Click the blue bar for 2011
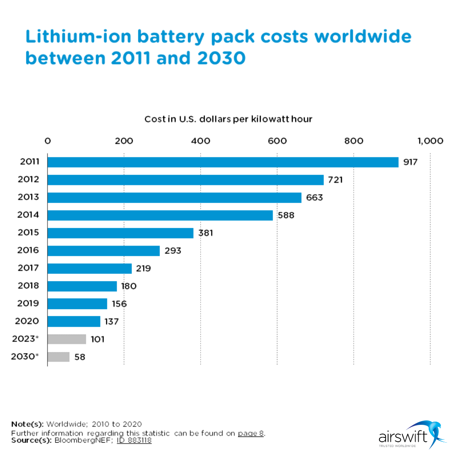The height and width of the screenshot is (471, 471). click(222, 162)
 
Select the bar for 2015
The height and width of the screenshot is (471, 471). click(120, 233)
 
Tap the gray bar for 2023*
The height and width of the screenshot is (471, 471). click(66, 339)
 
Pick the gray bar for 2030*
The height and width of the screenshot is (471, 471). click(58, 357)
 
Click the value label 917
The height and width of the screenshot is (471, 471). click(410, 162)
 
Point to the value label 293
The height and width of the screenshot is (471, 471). click(173, 251)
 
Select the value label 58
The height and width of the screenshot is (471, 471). click(80, 357)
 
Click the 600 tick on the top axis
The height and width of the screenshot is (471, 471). click(277, 141)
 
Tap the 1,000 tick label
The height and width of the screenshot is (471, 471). click(430, 141)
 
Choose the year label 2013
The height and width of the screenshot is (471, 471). click(28, 197)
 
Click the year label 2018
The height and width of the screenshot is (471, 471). click(28, 286)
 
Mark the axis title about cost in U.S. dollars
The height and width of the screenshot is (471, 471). click(228, 119)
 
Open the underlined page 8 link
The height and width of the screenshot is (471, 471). click(251, 433)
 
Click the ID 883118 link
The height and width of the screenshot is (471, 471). click(134, 440)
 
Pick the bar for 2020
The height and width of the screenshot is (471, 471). click(74, 321)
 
